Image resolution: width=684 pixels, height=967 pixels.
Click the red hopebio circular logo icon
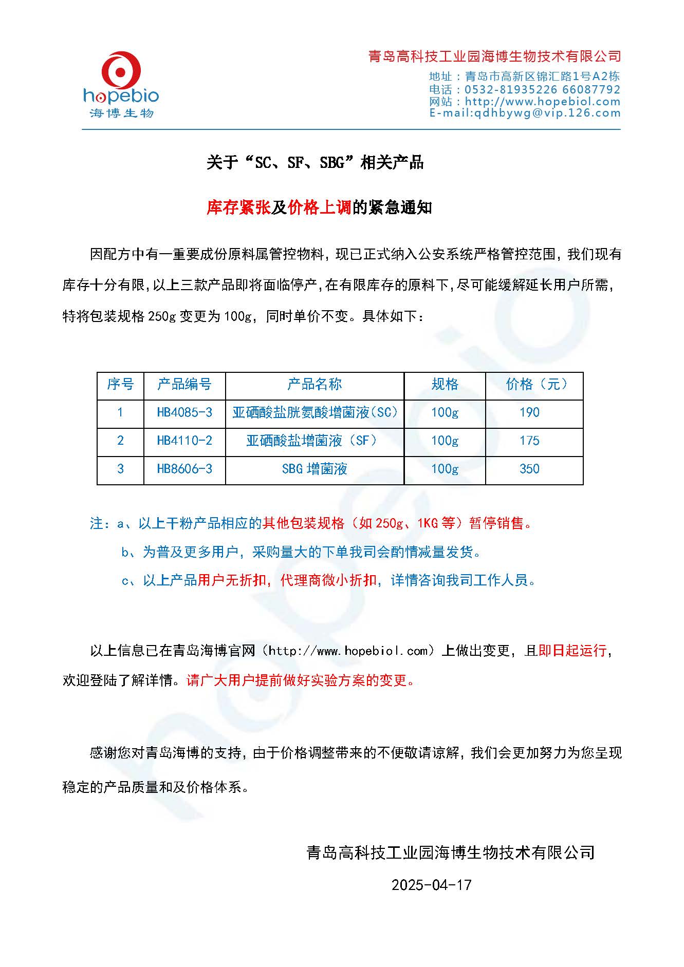[121, 72]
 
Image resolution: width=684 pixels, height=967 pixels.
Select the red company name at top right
[494, 56]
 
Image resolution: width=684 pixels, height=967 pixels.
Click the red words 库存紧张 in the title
[238, 207]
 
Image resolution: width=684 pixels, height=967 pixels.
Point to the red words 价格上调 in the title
[320, 207]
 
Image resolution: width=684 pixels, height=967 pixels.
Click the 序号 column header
[120, 384]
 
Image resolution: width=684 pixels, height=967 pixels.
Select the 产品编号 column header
[184, 384]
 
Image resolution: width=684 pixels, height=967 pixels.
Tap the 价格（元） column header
[534, 384]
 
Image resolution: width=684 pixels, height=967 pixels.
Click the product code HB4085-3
[184, 412]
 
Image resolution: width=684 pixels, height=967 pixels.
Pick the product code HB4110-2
[184, 441]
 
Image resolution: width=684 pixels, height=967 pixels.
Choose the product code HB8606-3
[184, 469]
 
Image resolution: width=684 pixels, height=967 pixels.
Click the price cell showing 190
[529, 412]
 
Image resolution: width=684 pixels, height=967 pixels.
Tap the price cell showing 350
[529, 469]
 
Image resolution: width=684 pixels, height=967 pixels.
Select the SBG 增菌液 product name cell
[315, 469]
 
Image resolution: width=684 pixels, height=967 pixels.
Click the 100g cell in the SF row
[445, 441]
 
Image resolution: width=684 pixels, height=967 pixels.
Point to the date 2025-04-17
[431, 885]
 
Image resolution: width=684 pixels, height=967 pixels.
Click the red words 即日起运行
[572, 651]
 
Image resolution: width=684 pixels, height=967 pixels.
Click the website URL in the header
[543, 101]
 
